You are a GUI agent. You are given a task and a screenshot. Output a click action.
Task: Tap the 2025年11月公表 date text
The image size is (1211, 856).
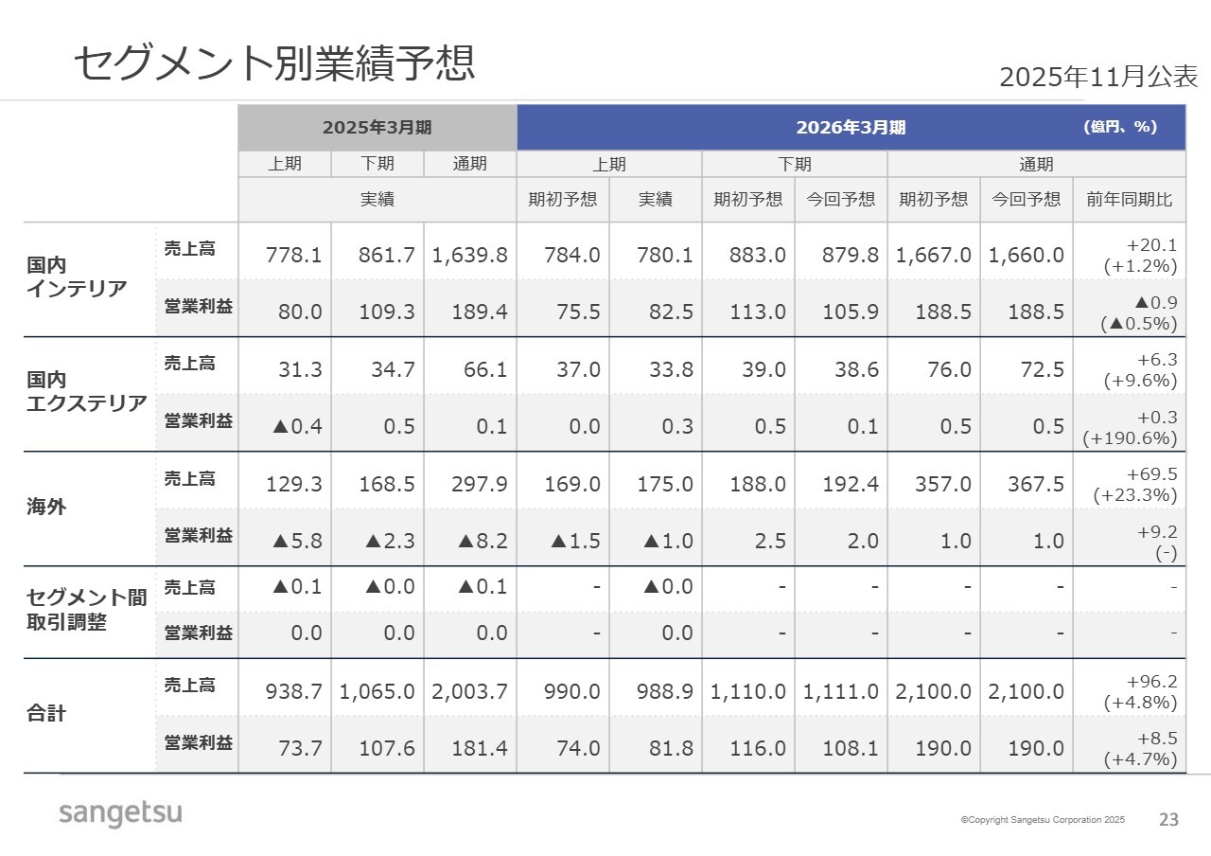pos(1098,77)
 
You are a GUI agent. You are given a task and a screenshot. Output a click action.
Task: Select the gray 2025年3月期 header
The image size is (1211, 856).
pos(377,127)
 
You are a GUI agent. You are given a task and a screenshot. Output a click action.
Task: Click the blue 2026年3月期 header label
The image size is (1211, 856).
pos(851,127)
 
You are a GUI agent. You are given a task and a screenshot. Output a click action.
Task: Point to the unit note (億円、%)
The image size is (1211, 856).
pos(1120,127)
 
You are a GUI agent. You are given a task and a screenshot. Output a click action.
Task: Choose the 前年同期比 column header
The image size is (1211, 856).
pos(1129,200)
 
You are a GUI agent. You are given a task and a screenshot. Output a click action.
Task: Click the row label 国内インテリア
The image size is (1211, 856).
pos(77,277)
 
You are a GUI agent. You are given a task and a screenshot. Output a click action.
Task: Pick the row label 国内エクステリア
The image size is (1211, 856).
pos(86,392)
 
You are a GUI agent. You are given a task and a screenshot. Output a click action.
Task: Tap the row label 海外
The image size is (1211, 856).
pos(46,507)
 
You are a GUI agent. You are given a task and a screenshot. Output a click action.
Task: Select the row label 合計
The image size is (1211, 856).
pos(46,713)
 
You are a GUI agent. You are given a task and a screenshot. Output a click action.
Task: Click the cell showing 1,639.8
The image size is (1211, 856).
pos(470,255)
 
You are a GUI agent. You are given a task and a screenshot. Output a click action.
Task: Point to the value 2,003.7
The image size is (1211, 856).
pos(470,691)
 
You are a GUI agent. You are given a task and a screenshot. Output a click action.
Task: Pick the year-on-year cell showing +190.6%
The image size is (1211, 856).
pos(1130,438)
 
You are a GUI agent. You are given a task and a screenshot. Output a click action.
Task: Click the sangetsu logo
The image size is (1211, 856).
pos(120,812)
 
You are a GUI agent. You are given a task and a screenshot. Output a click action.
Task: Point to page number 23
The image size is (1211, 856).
pos(1169,820)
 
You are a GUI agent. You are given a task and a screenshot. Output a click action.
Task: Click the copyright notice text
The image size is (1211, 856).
pos(1043,820)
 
